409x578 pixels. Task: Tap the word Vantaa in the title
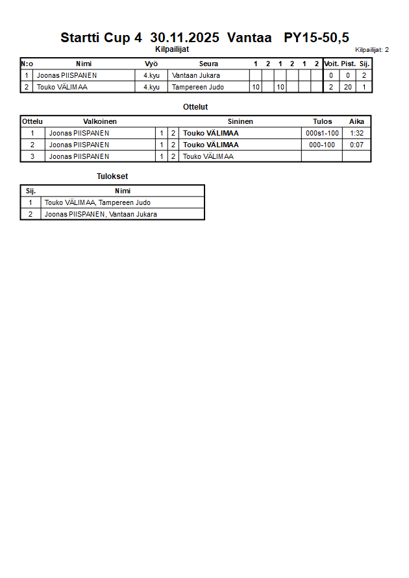(249, 38)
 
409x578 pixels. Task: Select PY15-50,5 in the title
(316, 38)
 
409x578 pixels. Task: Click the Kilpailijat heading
(172, 49)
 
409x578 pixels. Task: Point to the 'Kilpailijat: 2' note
(372, 50)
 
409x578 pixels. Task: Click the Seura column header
(208, 64)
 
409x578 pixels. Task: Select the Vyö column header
(151, 64)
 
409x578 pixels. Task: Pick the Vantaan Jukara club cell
(196, 76)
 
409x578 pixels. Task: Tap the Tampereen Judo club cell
(197, 88)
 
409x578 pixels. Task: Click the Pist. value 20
(348, 88)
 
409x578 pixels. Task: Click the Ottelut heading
(196, 107)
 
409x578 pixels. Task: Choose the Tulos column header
(322, 121)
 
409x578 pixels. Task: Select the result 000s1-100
(322, 134)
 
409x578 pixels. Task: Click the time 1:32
(356, 134)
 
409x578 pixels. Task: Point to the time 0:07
(356, 145)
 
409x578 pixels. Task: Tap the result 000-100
(322, 145)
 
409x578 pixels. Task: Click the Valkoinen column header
(100, 121)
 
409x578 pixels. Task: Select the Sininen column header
(240, 121)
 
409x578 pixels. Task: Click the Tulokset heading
(112, 176)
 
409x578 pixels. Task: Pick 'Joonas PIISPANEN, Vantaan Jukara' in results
(101, 214)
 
